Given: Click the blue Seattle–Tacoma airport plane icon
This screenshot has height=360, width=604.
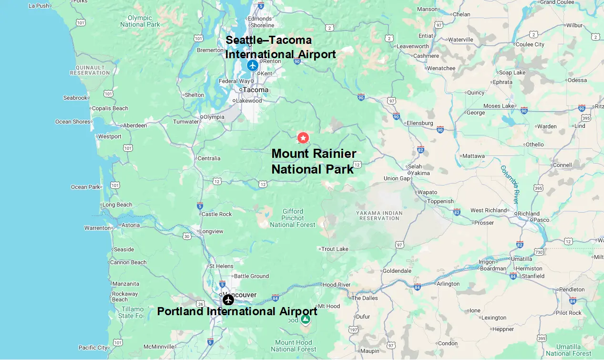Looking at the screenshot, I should pyautogui.click(x=252, y=65).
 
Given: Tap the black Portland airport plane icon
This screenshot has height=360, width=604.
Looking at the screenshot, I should pyautogui.click(x=228, y=299).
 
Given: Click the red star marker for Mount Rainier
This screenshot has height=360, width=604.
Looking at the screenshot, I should pyautogui.click(x=303, y=138).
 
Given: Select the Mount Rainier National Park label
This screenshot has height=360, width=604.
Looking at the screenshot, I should pyautogui.click(x=313, y=161).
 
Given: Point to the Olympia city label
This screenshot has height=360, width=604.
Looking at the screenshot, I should pyautogui.click(x=214, y=117).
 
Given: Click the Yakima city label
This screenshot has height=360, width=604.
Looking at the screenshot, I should pyautogui.click(x=420, y=173).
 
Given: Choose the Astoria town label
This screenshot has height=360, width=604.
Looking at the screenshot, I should pyautogui.click(x=131, y=225).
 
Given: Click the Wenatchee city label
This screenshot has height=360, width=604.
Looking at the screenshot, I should pyautogui.click(x=441, y=68).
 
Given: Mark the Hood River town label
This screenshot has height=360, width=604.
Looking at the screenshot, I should pyautogui.click(x=337, y=285).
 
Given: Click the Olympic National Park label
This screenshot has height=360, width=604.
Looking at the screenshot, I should pyautogui.click(x=140, y=21).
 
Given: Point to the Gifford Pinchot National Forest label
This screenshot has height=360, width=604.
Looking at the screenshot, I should pyautogui.click(x=293, y=218).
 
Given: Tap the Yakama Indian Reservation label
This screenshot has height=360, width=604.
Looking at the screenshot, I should pyautogui.click(x=379, y=216).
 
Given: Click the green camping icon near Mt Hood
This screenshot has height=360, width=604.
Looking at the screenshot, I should pyautogui.click(x=305, y=319).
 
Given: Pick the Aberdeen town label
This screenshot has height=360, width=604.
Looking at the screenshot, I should pyautogui.click(x=135, y=125).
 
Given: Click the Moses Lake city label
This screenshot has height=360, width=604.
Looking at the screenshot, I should pyautogui.click(x=499, y=106).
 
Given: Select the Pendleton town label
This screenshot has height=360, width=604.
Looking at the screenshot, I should pyautogui.click(x=572, y=289).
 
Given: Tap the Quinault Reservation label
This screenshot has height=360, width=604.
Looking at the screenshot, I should pyautogui.click(x=90, y=70).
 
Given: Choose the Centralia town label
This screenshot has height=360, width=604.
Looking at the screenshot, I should pyautogui.click(x=209, y=158).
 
